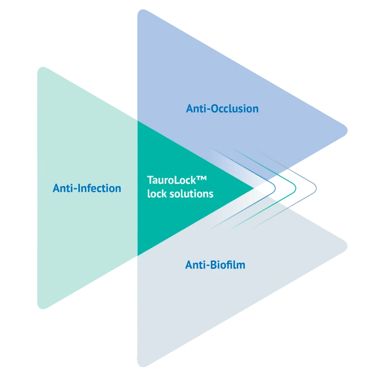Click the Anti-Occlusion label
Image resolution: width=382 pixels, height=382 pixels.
click(222, 109)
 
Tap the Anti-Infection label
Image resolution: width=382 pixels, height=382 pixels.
click(87, 188)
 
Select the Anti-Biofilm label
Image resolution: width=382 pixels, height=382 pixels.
click(215, 264)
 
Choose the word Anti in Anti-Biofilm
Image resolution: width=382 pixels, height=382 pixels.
click(195, 264)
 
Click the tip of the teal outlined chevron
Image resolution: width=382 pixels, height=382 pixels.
click(295, 188)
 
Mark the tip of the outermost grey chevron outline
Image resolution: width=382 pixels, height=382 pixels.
click(318, 188)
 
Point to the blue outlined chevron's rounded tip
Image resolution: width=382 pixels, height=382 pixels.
click(274, 188)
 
